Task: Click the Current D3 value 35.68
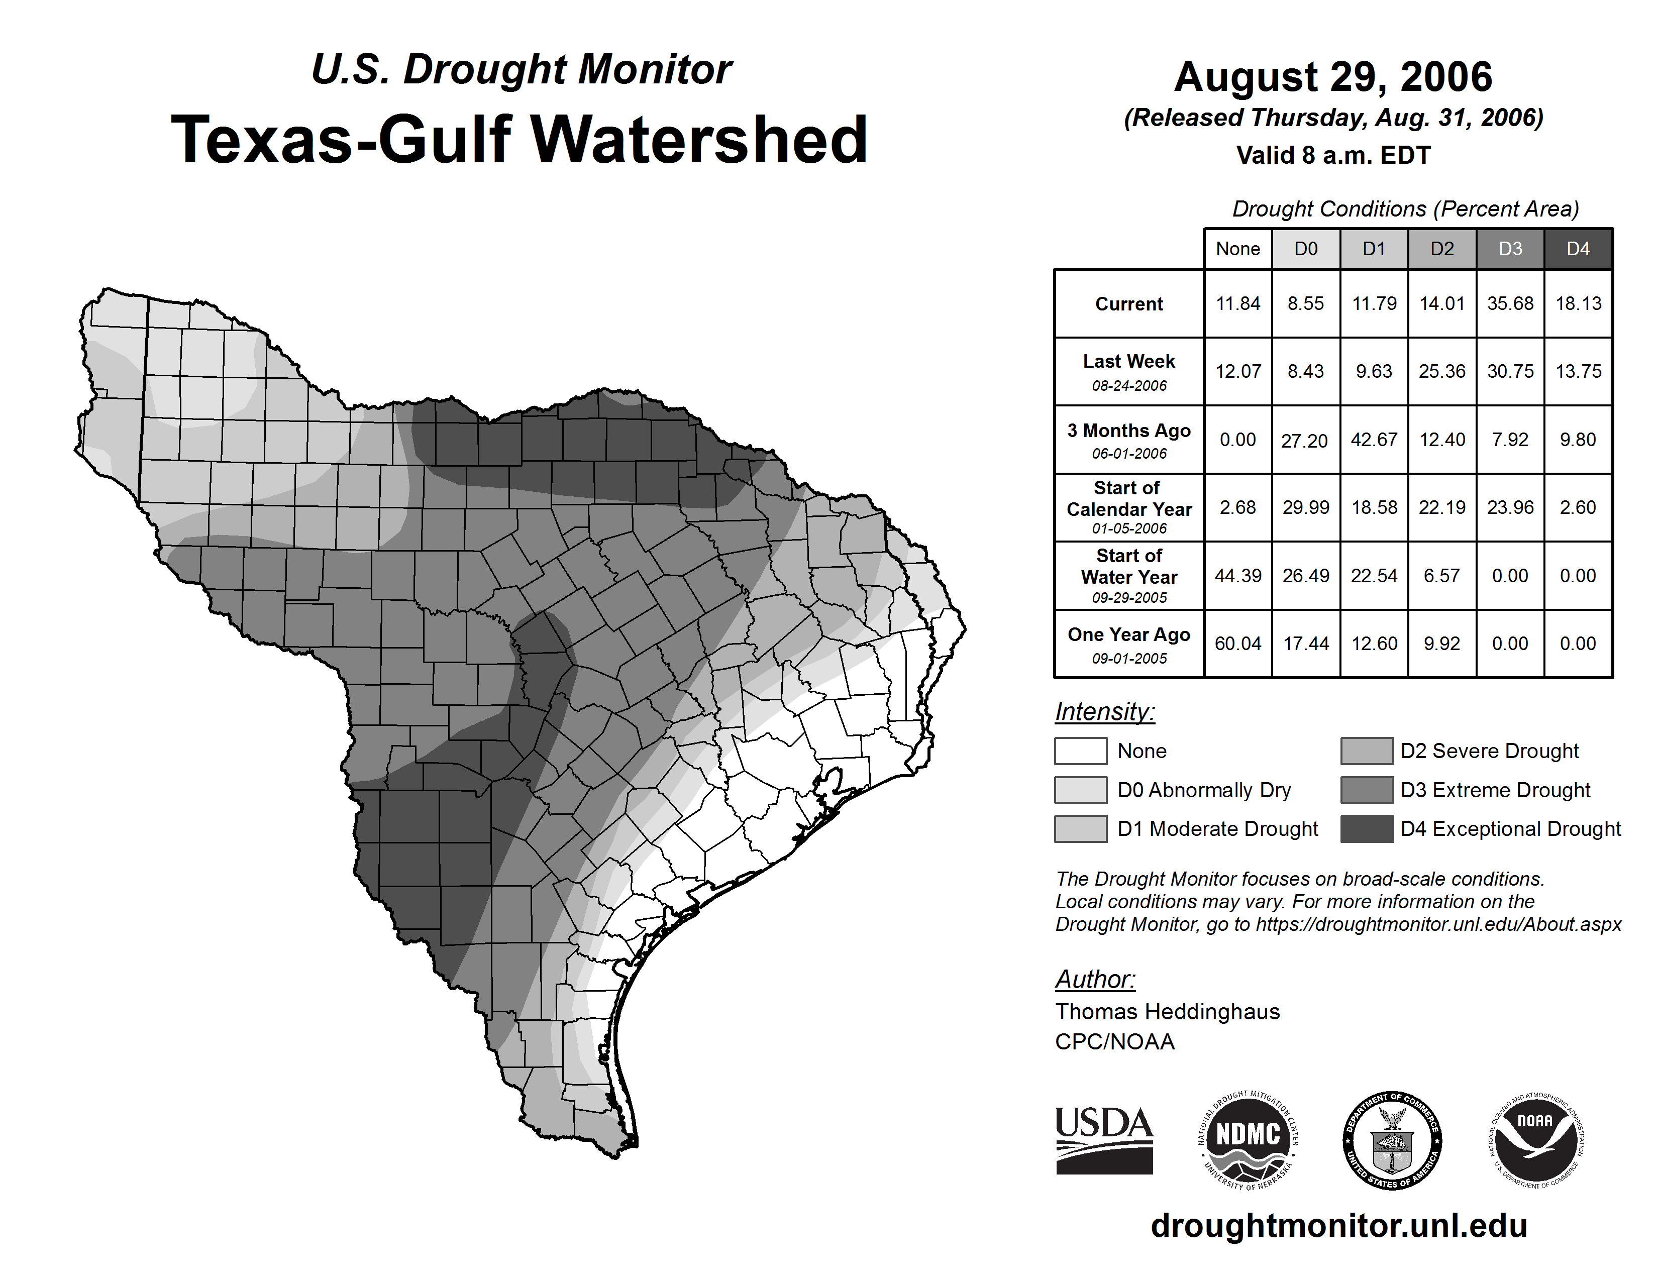[x=1510, y=303]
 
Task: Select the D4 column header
[x=1578, y=249]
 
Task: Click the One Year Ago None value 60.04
[x=1237, y=644]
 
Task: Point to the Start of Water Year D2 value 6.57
[x=1441, y=576]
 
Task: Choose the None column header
[x=1237, y=249]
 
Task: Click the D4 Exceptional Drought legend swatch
[x=1367, y=829]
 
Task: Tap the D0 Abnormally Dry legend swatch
[x=1080, y=789]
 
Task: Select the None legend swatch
[x=1080, y=751]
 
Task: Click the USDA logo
[x=1104, y=1140]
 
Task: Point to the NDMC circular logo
[x=1248, y=1140]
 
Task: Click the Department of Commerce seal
[x=1392, y=1140]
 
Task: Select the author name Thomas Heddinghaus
[x=1167, y=1012]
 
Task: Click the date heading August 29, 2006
[x=1333, y=77]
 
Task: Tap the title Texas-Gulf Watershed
[x=520, y=140]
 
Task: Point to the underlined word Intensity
[x=1104, y=712]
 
